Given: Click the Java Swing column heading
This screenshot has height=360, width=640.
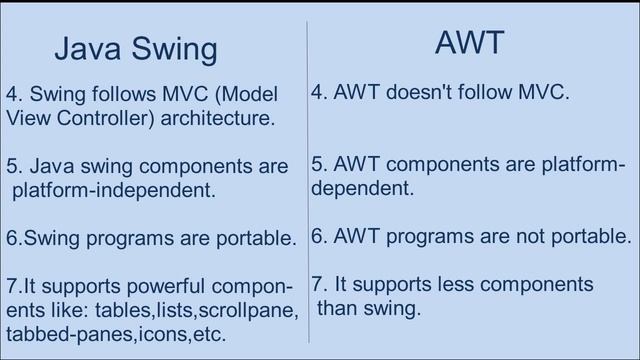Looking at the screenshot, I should coord(135,48).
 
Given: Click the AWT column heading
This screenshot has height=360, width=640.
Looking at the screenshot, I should coord(469,42).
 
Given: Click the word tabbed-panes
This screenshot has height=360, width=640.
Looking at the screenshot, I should coord(66,333).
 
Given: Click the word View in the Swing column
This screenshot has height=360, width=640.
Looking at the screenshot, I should coord(25,118).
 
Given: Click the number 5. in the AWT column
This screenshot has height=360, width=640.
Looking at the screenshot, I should coord(319,164).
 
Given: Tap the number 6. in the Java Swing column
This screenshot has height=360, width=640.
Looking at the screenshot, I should coord(13,239).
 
